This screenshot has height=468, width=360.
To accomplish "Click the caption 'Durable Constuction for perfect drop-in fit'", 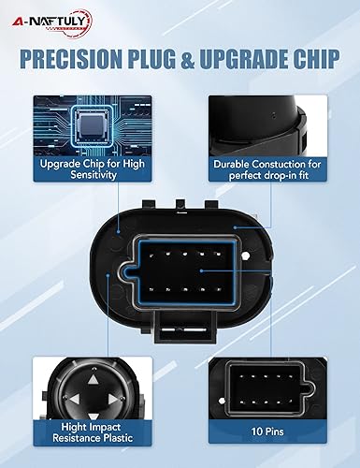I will click(270, 168).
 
